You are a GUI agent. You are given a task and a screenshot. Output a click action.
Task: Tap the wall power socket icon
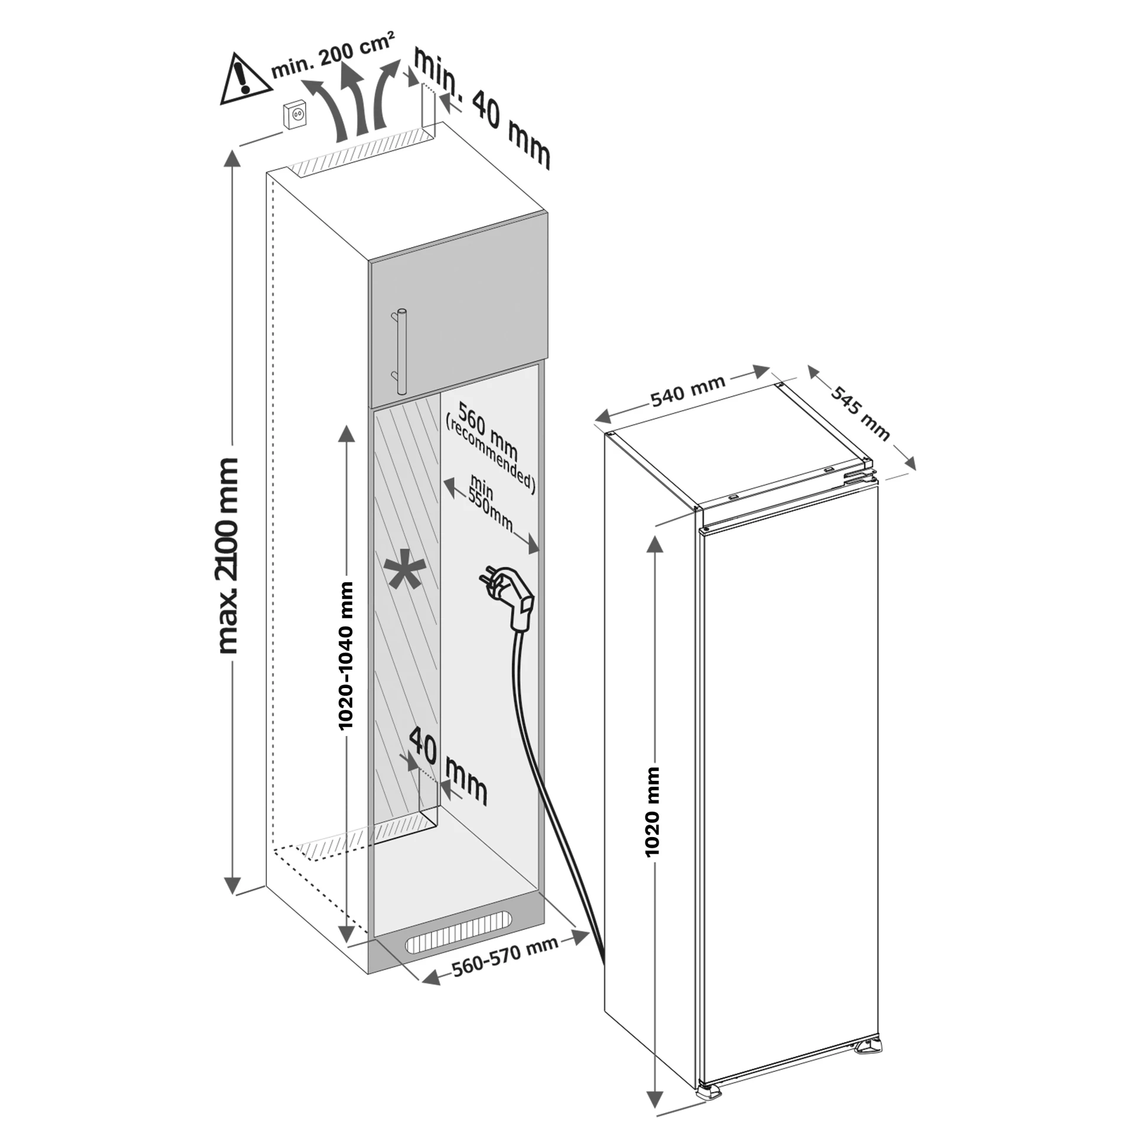tap(296, 115)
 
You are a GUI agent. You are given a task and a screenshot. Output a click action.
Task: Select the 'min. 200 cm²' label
tap(333, 54)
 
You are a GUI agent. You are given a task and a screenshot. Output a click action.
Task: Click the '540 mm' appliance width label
tap(688, 393)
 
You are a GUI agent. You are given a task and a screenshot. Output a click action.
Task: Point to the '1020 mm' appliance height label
tap(653, 812)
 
